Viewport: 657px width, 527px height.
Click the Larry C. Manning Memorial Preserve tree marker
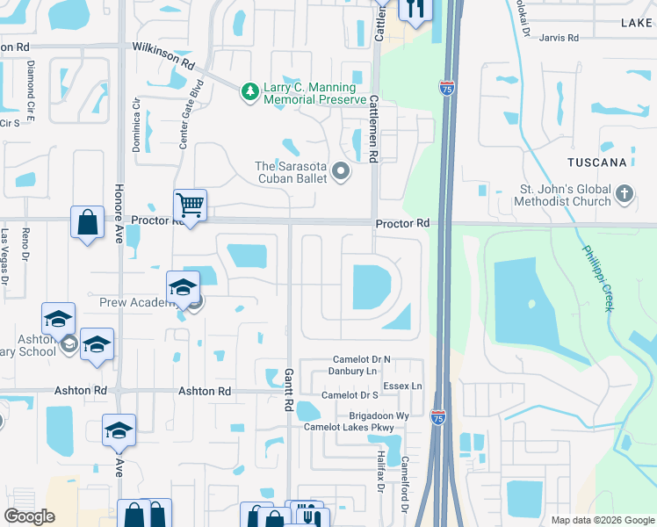tap(250, 90)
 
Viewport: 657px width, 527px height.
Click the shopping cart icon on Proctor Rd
tap(190, 206)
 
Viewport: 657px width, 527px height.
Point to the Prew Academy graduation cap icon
tap(184, 286)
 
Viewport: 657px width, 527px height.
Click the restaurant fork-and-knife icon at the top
tap(413, 9)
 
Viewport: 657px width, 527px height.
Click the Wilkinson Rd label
tap(163, 54)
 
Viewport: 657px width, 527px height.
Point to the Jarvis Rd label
tap(560, 38)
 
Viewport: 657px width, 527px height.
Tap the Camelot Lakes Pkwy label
tap(350, 428)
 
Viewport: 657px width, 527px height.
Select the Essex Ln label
tap(404, 386)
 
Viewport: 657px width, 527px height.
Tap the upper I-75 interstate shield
tap(445, 86)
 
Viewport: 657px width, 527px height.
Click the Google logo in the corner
tap(29, 516)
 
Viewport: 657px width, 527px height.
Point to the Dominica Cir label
tap(137, 123)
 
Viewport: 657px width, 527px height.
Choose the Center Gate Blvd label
tap(185, 114)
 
